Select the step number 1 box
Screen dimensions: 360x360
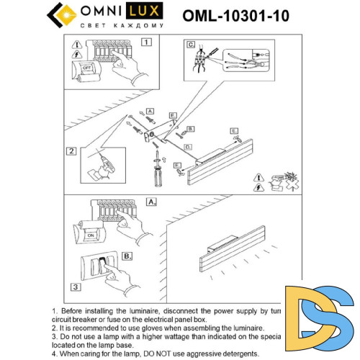coord(146,42)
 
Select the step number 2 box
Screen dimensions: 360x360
coord(71,150)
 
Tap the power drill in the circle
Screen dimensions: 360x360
coord(99,163)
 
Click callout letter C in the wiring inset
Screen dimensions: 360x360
coord(191,45)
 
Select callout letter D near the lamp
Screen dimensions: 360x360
coord(187,146)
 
